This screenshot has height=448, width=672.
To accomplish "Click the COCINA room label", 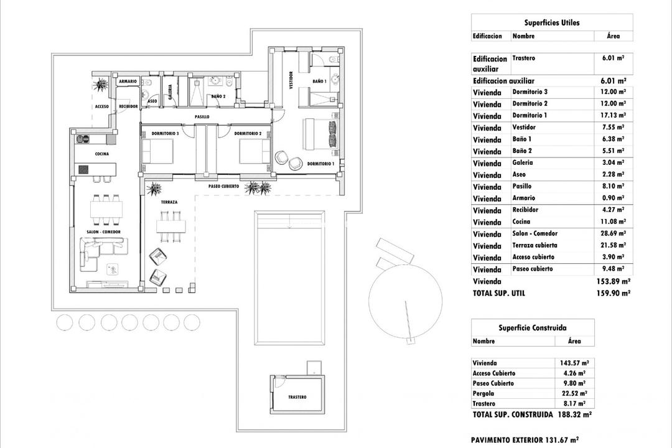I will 102,154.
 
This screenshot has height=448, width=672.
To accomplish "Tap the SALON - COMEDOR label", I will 103,231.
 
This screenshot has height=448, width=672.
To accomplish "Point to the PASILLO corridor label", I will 202,116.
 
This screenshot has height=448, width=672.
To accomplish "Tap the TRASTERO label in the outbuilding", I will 297,397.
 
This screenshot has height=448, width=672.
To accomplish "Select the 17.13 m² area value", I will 613,116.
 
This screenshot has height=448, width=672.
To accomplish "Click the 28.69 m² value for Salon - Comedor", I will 613,234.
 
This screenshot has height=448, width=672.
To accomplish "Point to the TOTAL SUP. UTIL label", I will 499,293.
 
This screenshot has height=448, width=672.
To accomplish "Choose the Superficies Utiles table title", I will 552,22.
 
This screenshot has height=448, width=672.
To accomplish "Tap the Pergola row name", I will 483,393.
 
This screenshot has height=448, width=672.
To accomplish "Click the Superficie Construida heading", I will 533,327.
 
